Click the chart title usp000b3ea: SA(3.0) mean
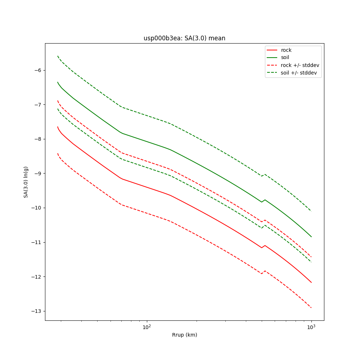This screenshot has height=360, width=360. pos(184,38)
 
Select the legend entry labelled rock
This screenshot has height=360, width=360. pos(286,50)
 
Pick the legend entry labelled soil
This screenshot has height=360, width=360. pos(285,58)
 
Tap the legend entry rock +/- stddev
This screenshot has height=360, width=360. pos(300,65)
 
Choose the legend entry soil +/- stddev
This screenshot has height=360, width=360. pos(299,73)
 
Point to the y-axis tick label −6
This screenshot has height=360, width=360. pos(38,70)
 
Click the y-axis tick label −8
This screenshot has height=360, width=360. pos(38,139)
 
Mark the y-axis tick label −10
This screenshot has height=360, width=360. pos(36,208)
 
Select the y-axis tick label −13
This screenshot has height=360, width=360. pos(36,311)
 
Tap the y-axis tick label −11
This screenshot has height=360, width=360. pos(36,242)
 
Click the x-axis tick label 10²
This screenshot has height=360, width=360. pos(147,327)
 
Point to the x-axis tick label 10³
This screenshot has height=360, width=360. pos(311,327)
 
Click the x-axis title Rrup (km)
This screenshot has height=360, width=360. pos(184,335)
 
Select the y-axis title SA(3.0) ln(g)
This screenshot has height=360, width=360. pos(26,182)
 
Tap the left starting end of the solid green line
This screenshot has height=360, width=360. pos(58,82)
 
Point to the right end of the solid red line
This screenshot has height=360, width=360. pos(311,282)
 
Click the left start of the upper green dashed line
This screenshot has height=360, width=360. pos(58,56)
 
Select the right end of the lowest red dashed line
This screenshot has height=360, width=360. pos(311,308)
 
